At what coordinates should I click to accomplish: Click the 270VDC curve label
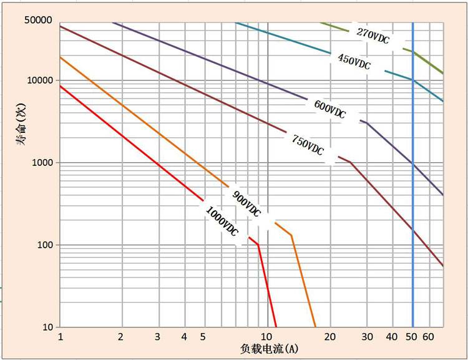pyautogui.click(x=373, y=35)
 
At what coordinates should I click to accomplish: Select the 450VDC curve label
pyautogui.click(x=354, y=61)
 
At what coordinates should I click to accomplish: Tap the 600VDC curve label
pyautogui.click(x=329, y=109)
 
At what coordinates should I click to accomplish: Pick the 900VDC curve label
pyautogui.click(x=246, y=203)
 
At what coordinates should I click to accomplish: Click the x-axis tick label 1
pyautogui.click(x=60, y=337)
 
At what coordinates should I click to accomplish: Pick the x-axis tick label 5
pyautogui.click(x=203, y=337)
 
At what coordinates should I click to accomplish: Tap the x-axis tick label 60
pyautogui.click(x=428, y=337)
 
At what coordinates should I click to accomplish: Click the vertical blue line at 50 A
pyautogui.click(x=412, y=187)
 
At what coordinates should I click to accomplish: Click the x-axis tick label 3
pyautogui.click(x=157, y=337)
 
